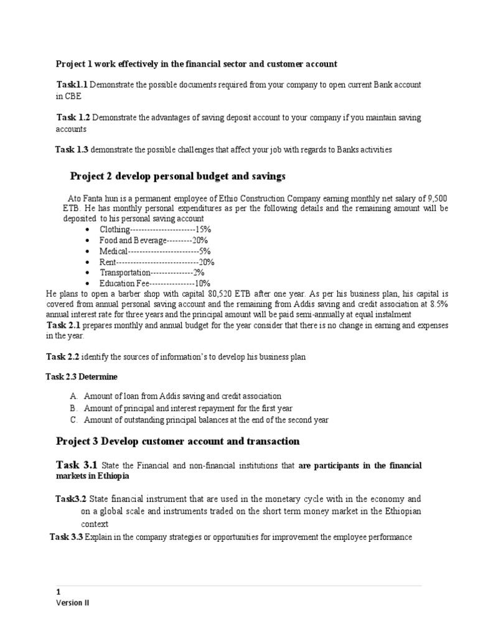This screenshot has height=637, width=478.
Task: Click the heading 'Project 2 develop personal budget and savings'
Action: click(177, 177)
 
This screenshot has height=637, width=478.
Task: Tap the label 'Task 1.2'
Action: click(73, 118)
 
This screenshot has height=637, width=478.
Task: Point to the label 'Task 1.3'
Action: click(72, 150)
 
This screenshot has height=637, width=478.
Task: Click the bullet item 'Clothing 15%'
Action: click(151, 230)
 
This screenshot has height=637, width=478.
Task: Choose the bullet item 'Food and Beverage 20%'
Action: click(154, 240)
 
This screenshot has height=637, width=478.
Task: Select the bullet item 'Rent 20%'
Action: click(152, 262)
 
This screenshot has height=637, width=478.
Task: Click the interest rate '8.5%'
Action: click(436, 304)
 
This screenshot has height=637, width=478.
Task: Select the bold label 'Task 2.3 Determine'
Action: click(82, 377)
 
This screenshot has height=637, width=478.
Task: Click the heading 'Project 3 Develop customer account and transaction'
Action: click(177, 442)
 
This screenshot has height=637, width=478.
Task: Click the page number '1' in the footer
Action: click(58, 593)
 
